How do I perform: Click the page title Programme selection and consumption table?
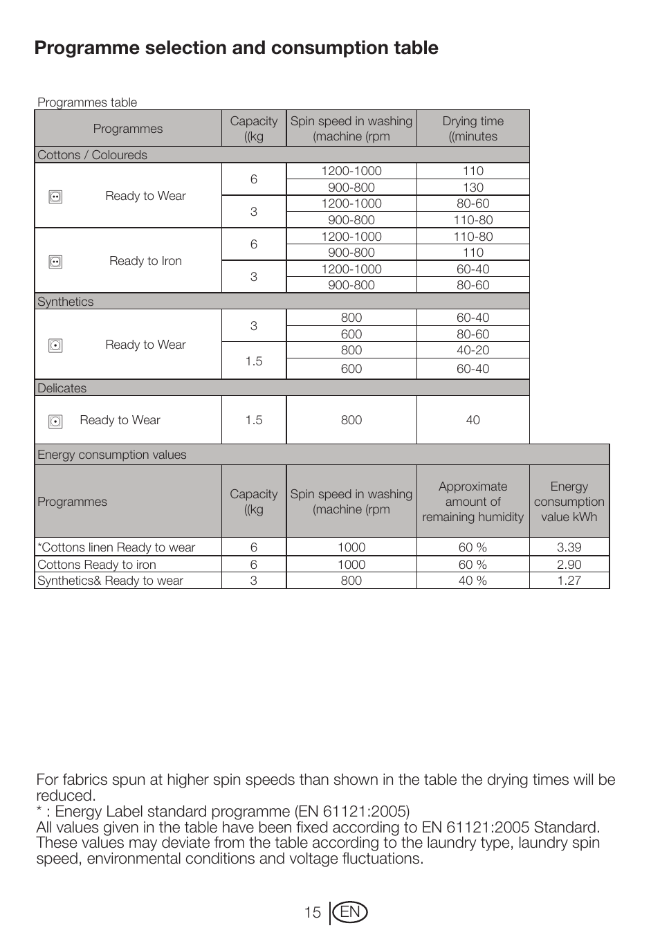click(x=236, y=48)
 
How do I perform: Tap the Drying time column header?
click(x=473, y=129)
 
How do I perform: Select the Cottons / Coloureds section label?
click(x=92, y=155)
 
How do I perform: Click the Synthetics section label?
click(x=65, y=302)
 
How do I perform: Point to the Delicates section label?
click(x=62, y=388)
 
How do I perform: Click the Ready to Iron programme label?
click(x=145, y=261)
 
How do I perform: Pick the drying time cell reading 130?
click(x=473, y=188)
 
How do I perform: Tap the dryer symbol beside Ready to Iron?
click(x=56, y=262)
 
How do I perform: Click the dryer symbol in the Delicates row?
click(x=56, y=421)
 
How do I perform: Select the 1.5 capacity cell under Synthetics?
click(x=254, y=361)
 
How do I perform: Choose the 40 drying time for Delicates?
click(x=473, y=420)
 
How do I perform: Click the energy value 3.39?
click(x=569, y=547)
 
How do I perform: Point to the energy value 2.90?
click(x=569, y=565)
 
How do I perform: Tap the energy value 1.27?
click(x=569, y=581)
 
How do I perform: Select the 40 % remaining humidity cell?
click(x=473, y=581)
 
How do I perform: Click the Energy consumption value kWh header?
click(x=569, y=502)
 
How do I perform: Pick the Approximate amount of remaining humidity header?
click(x=473, y=502)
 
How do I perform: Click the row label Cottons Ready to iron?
click(x=97, y=565)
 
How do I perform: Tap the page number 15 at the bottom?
click(x=313, y=913)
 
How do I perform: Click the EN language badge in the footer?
click(x=351, y=913)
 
